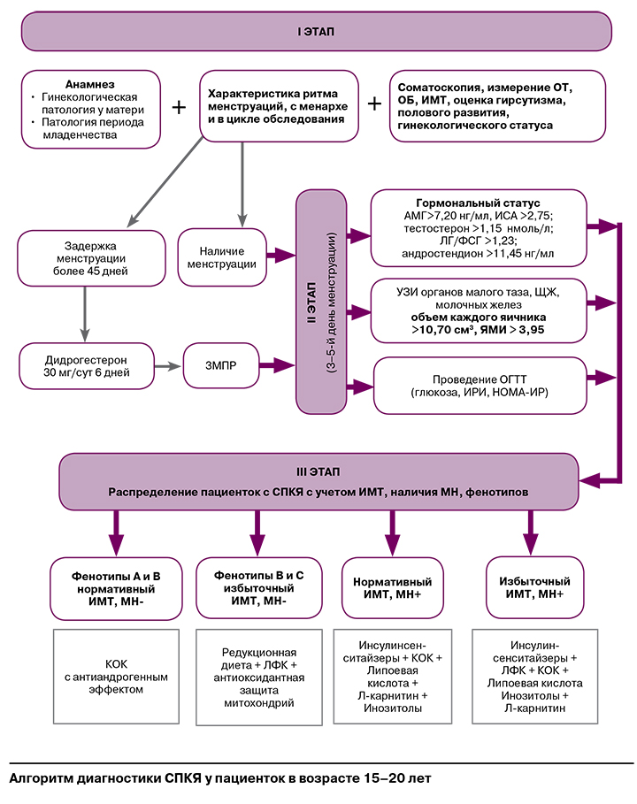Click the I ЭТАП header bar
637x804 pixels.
pos(317,32)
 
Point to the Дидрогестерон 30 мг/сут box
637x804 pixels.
pos(86,364)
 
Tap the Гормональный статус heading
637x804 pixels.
pos(479,203)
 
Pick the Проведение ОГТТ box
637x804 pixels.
pos(480,385)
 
